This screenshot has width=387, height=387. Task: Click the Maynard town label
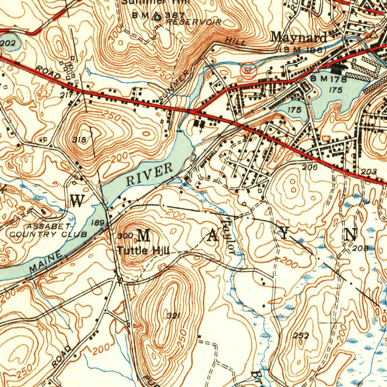[x=299, y=38]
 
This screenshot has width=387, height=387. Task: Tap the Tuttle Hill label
[x=143, y=250]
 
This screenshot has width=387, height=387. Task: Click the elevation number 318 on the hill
[x=79, y=140]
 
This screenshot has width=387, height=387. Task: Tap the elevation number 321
[x=173, y=316]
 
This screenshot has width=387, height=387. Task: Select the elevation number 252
[x=301, y=335]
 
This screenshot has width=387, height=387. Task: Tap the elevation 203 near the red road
[x=368, y=172]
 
